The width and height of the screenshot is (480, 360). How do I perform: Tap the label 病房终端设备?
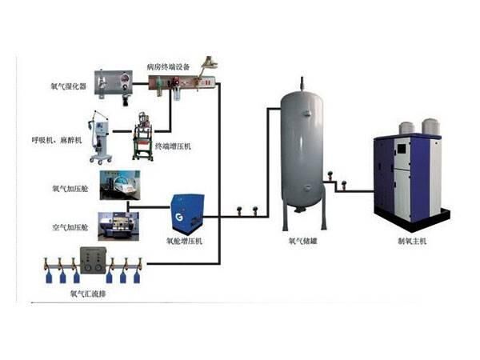pos(169,66)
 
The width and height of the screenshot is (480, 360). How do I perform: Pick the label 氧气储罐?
pos(302,240)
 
